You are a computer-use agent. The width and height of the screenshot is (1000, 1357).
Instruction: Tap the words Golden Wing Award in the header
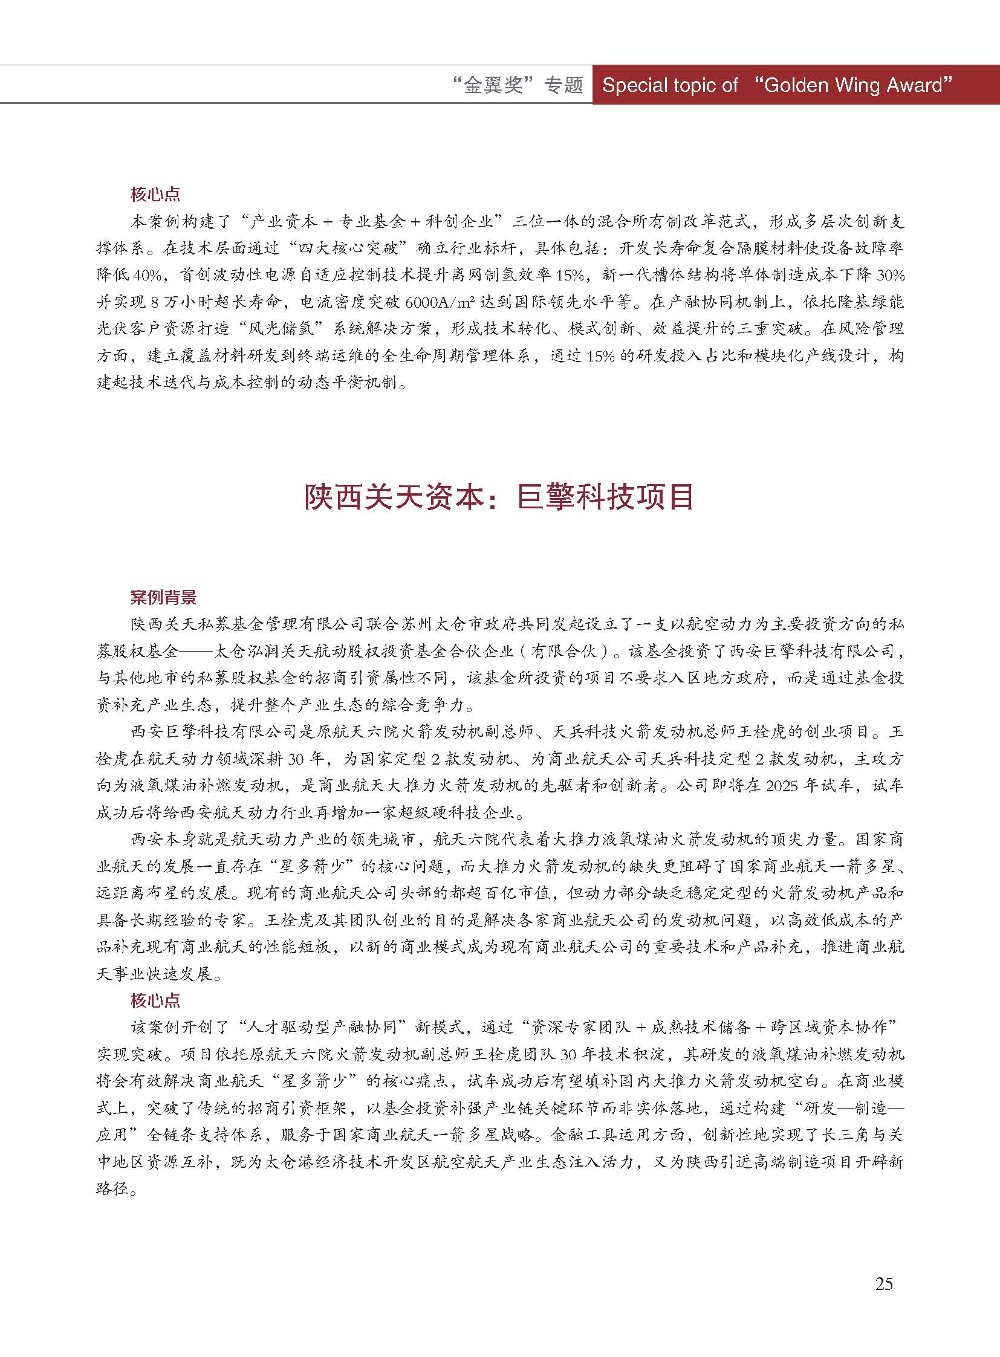[x=854, y=85]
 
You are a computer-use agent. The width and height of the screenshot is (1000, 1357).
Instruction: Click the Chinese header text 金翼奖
[x=495, y=85]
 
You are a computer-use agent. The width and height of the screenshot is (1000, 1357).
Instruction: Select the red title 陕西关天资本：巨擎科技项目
[x=499, y=497]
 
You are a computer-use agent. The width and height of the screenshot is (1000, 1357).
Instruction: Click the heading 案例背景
[x=163, y=598]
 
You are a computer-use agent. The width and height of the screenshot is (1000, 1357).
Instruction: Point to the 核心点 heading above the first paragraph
[x=155, y=195]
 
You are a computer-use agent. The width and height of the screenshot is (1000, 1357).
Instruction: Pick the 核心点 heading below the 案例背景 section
[x=155, y=1000]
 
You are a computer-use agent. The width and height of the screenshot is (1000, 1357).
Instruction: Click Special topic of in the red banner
[x=670, y=85]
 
